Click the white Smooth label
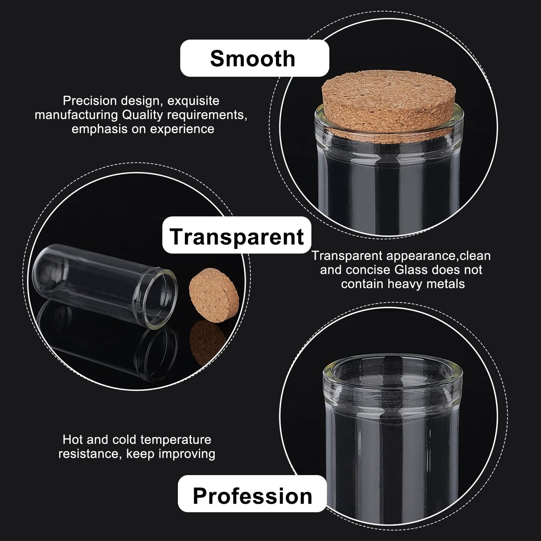point(255,58)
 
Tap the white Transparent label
point(237,235)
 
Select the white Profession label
point(252,493)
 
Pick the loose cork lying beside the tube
point(214,295)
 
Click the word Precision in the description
point(89,100)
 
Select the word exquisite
point(193,101)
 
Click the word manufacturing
point(76,115)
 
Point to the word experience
point(182,130)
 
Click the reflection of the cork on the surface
point(206,341)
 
